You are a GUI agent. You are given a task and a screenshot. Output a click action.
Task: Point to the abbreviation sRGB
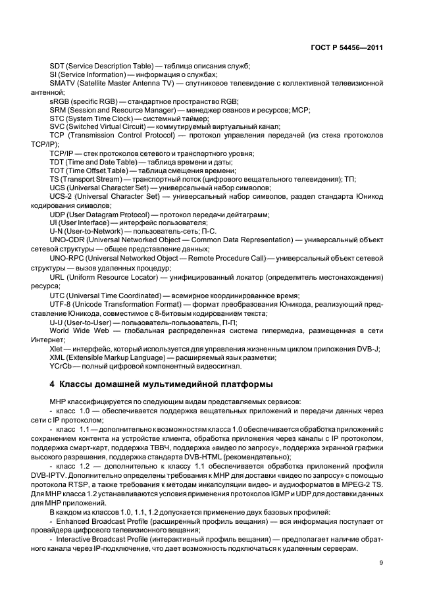61,101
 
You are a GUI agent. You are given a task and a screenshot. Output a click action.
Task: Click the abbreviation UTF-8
62,305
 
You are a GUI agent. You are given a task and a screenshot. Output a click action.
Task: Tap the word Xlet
57,348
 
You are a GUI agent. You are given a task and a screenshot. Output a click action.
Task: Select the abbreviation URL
58,278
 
